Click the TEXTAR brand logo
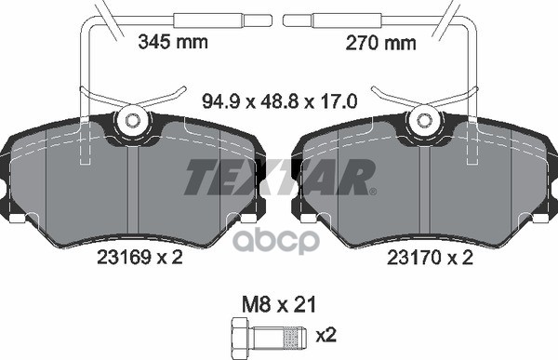coord(278,177)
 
